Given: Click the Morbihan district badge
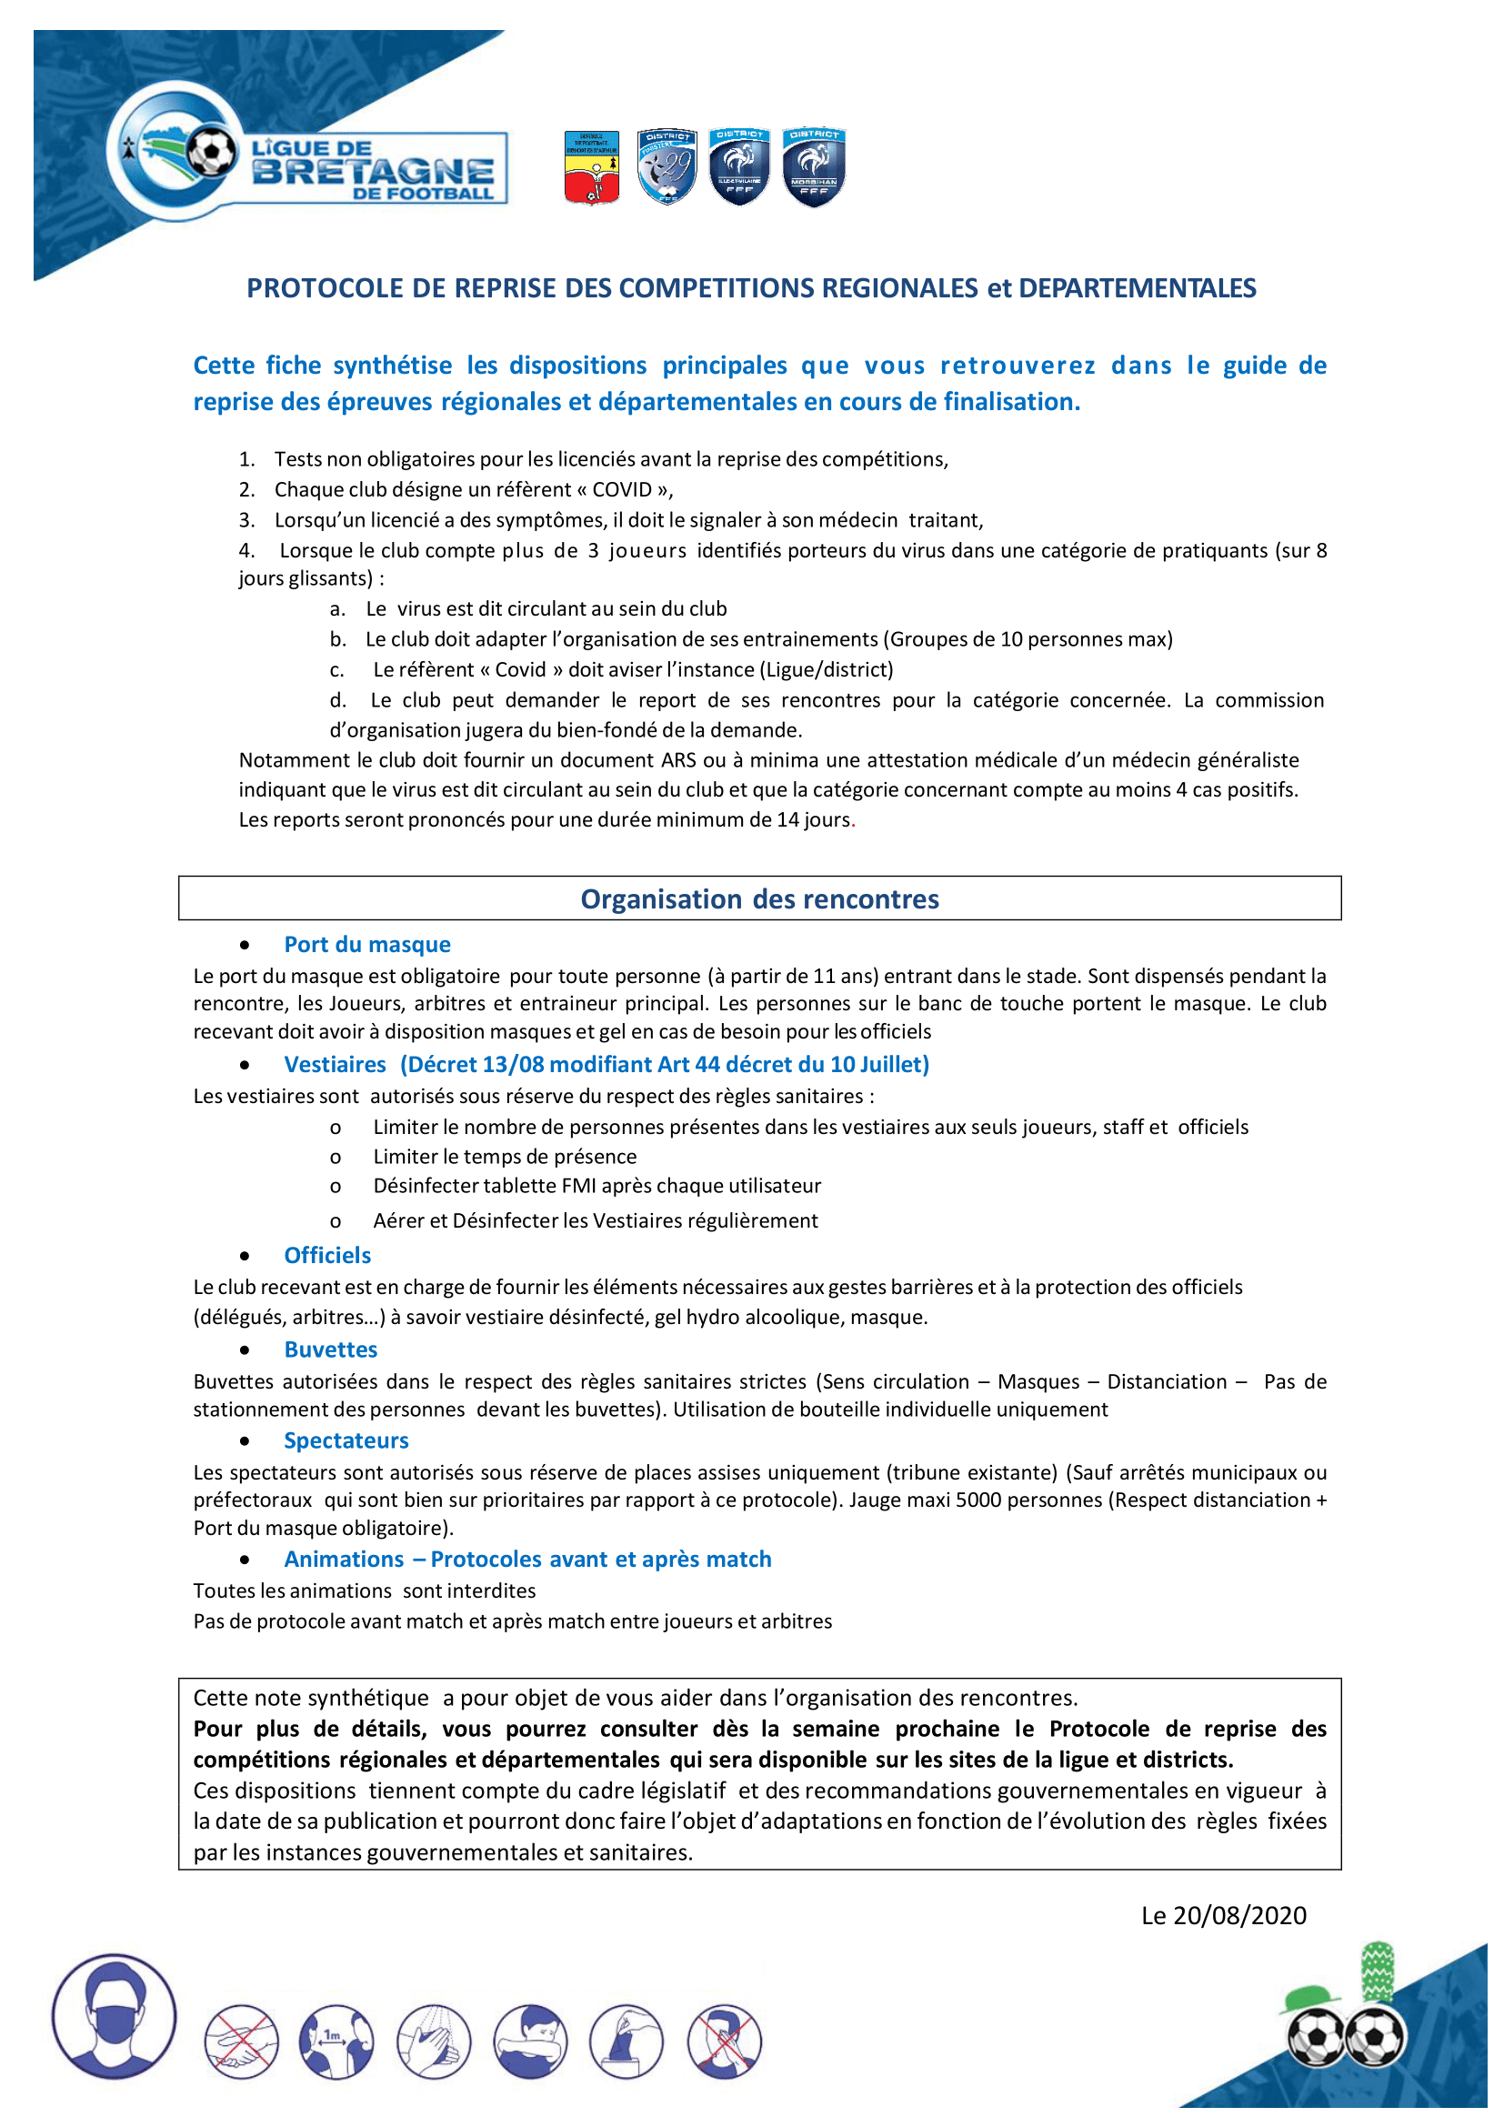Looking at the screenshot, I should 813,166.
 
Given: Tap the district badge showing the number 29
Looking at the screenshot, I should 667,166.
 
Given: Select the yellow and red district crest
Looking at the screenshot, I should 592,167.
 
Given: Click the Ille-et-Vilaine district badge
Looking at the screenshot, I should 739,166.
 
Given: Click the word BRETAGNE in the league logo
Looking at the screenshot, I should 372,171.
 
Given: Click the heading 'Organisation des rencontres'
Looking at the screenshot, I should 759,898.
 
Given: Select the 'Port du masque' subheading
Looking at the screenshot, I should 366,944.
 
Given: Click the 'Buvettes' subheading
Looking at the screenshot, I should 331,1349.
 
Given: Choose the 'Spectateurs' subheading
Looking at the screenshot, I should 346,1440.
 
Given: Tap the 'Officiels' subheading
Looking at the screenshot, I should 327,1255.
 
